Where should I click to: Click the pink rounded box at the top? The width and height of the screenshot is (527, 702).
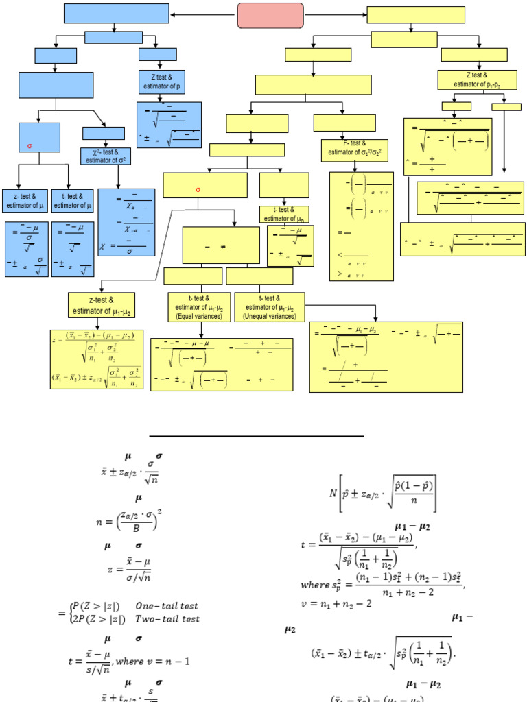click(x=270, y=15)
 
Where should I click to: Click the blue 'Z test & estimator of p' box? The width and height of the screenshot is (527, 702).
click(x=160, y=82)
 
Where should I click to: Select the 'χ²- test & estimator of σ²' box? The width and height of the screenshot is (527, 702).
click(x=106, y=156)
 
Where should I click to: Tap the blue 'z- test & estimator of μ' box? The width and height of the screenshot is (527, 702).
click(x=26, y=200)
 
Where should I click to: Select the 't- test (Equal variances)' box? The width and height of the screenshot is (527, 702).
click(x=199, y=306)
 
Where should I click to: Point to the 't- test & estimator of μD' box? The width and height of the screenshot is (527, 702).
click(x=284, y=214)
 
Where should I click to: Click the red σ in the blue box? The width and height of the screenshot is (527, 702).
click(x=30, y=146)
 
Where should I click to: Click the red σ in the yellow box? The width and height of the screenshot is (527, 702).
click(x=198, y=190)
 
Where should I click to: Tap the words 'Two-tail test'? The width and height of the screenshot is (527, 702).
click(x=167, y=619)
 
